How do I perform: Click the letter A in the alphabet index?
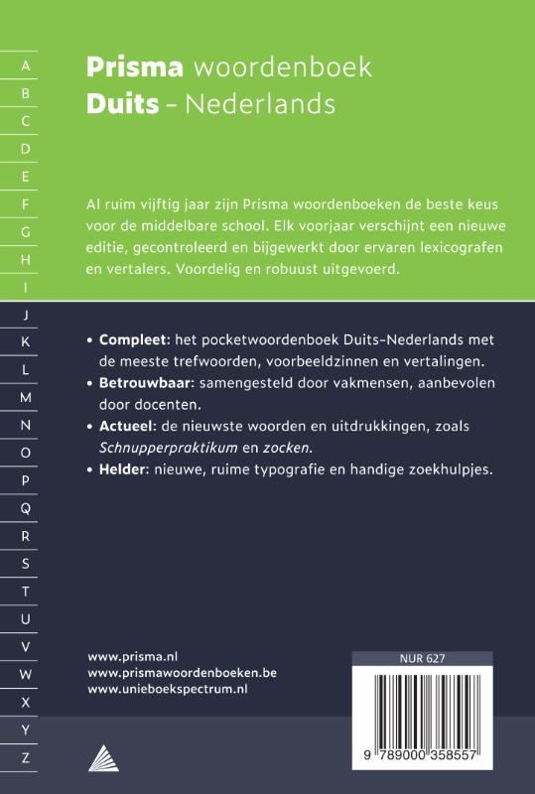tap(26, 66)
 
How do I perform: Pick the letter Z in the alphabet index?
tap(26, 757)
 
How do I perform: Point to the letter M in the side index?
tap(26, 397)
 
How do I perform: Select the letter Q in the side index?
tap(26, 508)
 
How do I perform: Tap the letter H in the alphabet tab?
tap(26, 259)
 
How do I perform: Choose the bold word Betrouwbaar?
tap(145, 382)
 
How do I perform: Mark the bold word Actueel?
tap(129, 425)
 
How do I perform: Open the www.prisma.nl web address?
tap(132, 656)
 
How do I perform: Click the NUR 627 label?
tap(422, 658)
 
